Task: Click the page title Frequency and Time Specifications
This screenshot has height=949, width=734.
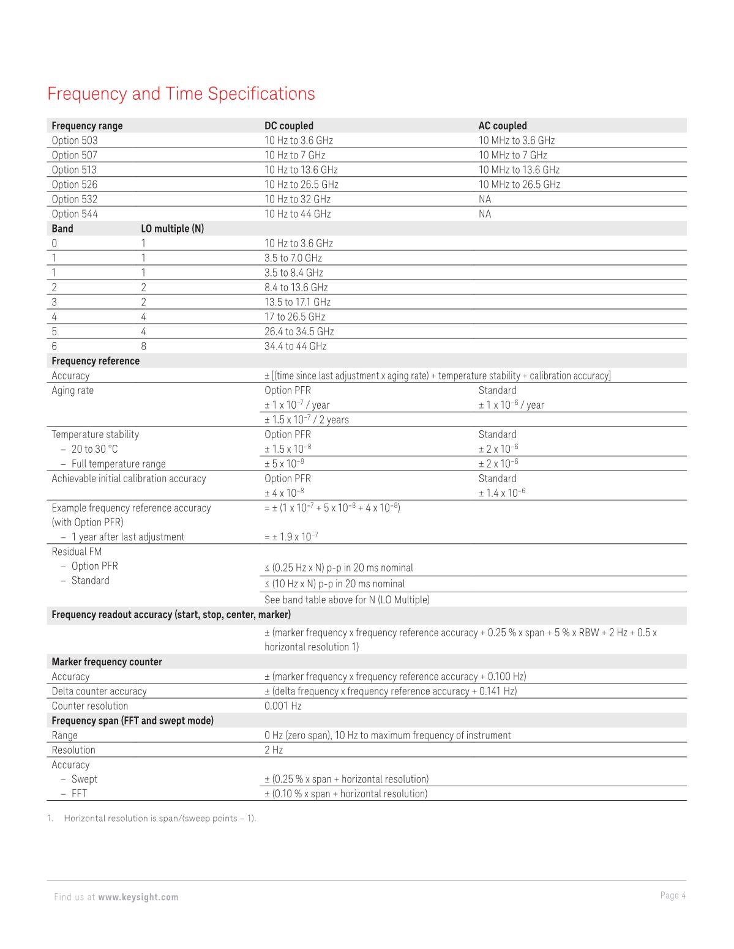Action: pyautogui.click(x=181, y=94)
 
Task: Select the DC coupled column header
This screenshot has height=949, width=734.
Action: pyautogui.click(x=288, y=125)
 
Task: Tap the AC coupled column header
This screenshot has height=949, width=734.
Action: pyautogui.click(x=502, y=125)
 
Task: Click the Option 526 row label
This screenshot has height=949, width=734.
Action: pyautogui.click(x=74, y=184)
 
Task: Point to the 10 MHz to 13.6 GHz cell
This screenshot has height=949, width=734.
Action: pyautogui.click(x=519, y=169)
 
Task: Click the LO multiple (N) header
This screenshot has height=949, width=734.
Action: pyautogui.click(x=172, y=228)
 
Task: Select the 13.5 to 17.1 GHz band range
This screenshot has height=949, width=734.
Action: pyautogui.click(x=297, y=302)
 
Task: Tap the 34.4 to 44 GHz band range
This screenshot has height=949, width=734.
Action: pyautogui.click(x=295, y=346)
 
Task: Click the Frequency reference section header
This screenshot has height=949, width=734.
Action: pyautogui.click(x=95, y=360)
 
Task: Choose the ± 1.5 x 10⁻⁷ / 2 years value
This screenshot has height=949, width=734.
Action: pyautogui.click(x=306, y=419)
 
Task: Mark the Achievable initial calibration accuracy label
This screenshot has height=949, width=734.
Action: pyautogui.click(x=129, y=478)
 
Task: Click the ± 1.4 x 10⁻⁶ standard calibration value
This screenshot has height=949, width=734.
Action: pyautogui.click(x=502, y=493)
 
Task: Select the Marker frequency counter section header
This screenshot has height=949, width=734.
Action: pyautogui.click(x=107, y=661)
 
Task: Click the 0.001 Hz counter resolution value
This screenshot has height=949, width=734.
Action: pyautogui.click(x=283, y=705)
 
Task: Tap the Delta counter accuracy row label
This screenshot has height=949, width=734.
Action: pyautogui.click(x=99, y=691)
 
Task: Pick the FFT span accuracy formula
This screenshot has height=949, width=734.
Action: pyautogui.click(x=345, y=794)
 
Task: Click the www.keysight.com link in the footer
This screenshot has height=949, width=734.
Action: pyautogui.click(x=138, y=897)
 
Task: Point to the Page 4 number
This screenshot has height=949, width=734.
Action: pyautogui.click(x=673, y=895)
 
